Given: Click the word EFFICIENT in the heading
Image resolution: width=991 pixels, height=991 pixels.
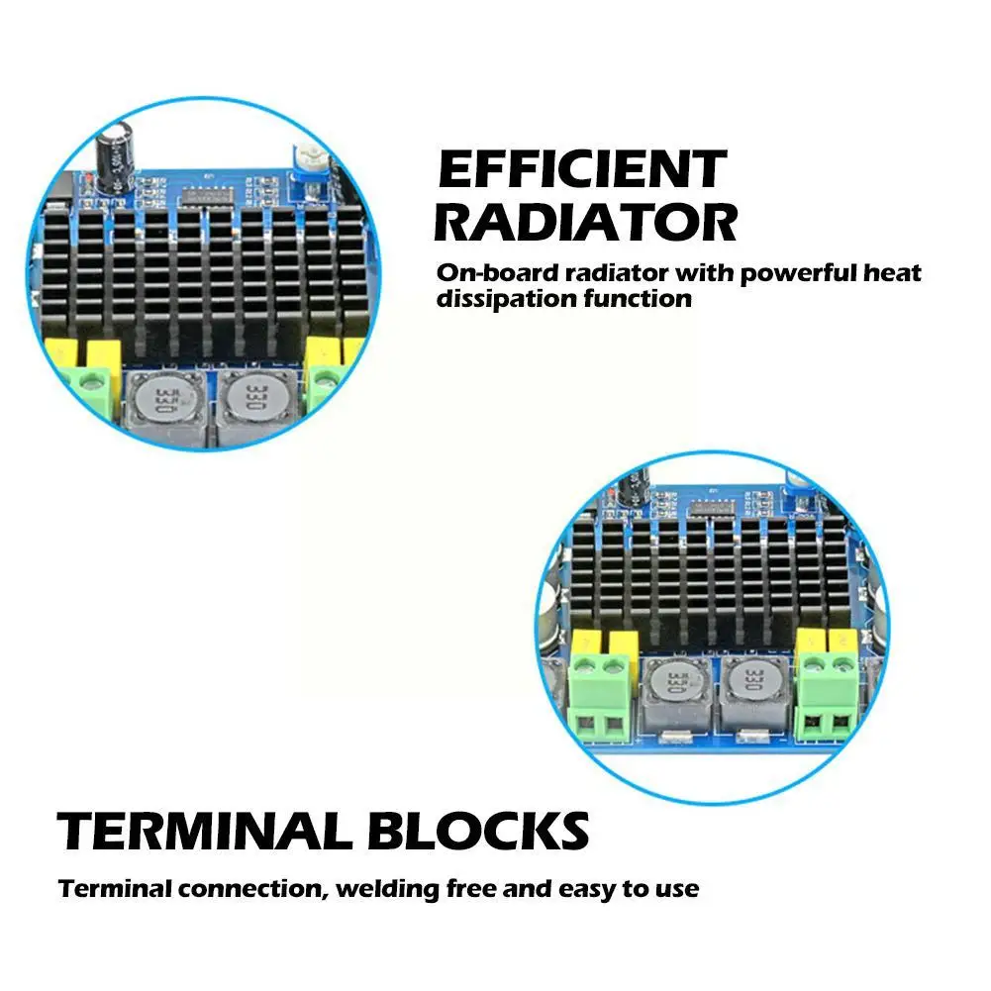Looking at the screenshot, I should point(582,170).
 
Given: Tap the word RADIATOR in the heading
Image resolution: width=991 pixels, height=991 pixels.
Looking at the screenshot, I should point(585,223).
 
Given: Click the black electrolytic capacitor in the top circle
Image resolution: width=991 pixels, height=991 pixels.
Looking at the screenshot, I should point(111,158).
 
